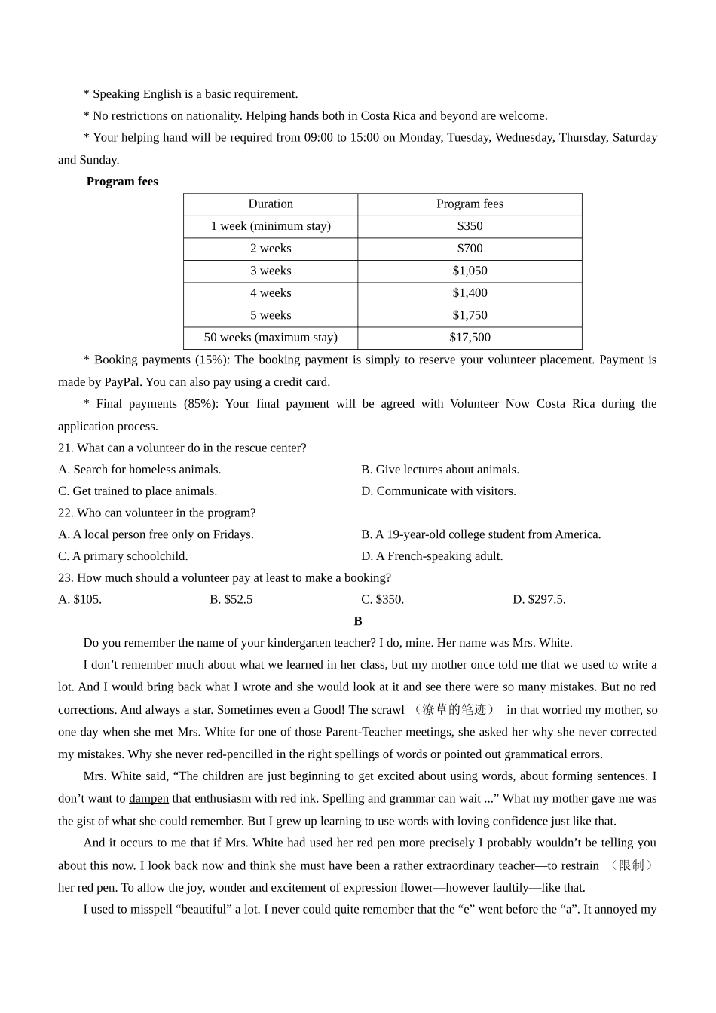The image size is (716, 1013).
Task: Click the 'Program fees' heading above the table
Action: click(122, 182)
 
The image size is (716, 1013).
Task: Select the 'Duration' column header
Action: click(271, 204)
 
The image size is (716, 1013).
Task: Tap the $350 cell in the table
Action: click(470, 226)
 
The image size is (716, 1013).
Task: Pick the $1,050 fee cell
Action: click(470, 271)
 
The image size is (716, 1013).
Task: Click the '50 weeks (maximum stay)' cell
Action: click(271, 338)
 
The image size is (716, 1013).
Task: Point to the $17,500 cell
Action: click(470, 338)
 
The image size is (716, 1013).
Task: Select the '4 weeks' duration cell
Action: click(271, 293)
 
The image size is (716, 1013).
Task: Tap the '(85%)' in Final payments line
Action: click(201, 404)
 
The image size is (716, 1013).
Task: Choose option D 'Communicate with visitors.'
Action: click(439, 491)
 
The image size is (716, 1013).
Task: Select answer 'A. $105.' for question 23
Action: click(80, 600)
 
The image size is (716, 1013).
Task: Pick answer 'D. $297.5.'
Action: click(539, 600)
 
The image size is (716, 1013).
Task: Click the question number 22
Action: click(66, 513)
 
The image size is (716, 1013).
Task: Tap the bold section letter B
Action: click(358, 622)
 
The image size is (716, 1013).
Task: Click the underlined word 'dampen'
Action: click(148, 799)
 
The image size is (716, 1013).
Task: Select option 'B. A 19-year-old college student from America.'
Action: click(481, 535)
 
